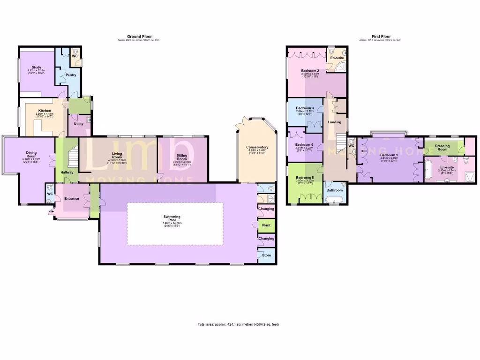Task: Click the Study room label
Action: click(x=37, y=67)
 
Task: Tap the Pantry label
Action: click(x=71, y=75)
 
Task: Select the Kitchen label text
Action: click(x=45, y=111)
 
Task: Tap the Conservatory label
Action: click(x=257, y=147)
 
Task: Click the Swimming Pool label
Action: click(x=172, y=217)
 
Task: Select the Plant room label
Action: click(x=266, y=225)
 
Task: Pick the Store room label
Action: click(x=266, y=255)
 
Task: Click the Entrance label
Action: click(x=72, y=198)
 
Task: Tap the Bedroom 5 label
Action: click(x=305, y=178)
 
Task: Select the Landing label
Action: click(x=335, y=122)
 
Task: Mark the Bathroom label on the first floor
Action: click(x=335, y=190)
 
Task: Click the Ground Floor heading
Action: click(x=138, y=36)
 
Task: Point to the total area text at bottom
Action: click(x=239, y=324)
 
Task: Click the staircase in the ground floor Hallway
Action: click(x=72, y=157)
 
